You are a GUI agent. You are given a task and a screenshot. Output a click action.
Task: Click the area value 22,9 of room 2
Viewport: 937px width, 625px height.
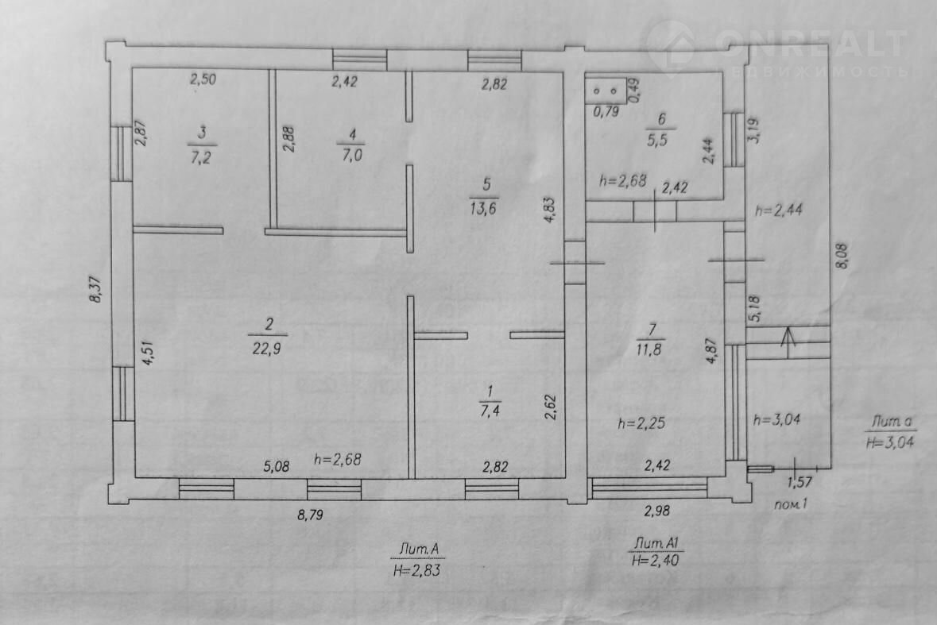[266, 348]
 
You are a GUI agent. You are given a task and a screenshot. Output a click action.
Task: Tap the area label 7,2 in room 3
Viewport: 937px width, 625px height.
[201, 157]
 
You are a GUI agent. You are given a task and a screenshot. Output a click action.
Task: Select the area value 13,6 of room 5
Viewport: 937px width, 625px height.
[483, 209]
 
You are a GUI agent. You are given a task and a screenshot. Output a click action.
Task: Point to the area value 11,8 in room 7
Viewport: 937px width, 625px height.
[649, 349]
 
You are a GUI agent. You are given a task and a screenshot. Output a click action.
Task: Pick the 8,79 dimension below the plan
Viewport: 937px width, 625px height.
[310, 515]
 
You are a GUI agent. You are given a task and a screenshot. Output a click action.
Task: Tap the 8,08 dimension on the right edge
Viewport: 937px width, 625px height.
[842, 256]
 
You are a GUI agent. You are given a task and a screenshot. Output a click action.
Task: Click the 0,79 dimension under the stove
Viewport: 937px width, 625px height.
[606, 111]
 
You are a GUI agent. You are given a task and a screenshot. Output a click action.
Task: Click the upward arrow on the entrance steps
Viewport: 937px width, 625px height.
[788, 342]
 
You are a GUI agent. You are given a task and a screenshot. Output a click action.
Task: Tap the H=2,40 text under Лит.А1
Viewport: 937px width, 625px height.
[654, 561]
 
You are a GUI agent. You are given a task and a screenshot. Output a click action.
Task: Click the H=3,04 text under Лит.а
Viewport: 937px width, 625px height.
[890, 441]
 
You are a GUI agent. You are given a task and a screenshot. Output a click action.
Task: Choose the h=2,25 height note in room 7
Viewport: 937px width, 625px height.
[641, 423]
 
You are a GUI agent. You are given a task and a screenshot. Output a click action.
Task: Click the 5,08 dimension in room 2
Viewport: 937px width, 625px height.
[277, 465]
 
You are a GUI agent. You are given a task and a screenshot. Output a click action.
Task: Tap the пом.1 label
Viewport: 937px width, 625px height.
[791, 504]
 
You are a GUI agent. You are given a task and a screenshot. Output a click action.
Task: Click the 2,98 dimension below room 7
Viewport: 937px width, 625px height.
[656, 511]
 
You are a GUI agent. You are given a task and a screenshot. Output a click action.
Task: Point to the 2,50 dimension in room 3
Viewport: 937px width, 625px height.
[203, 79]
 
